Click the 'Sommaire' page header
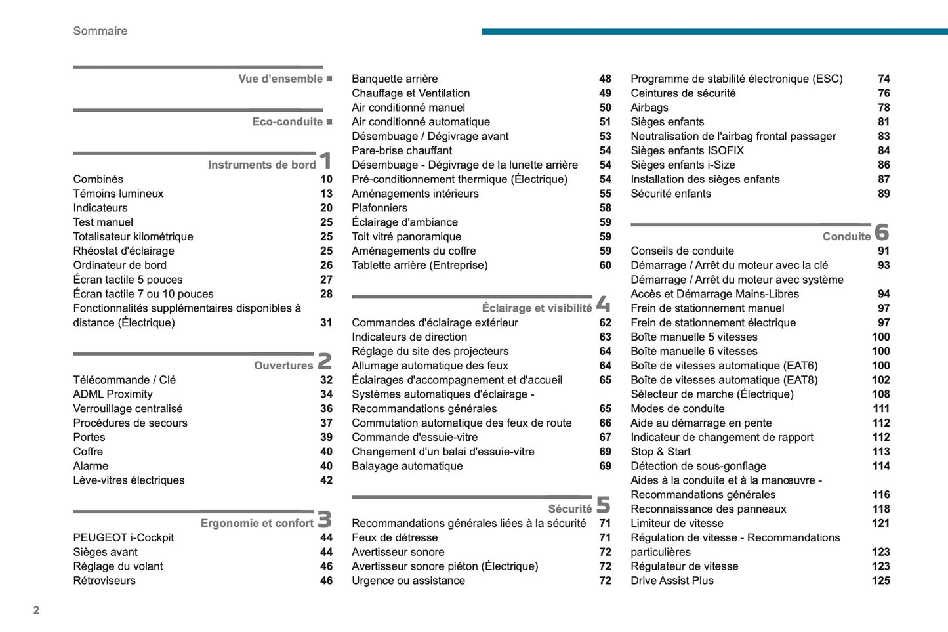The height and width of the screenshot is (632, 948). pyautogui.click(x=100, y=31)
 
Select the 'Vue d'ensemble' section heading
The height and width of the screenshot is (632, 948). pyautogui.click(x=280, y=79)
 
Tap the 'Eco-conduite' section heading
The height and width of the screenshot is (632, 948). pyautogui.click(x=287, y=122)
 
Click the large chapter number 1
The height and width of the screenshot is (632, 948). pyautogui.click(x=325, y=161)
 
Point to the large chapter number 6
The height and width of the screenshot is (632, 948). pyautogui.click(x=882, y=232)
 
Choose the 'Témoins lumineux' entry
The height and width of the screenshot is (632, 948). pyautogui.click(x=118, y=194)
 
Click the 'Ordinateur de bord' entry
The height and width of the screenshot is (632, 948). pyautogui.click(x=119, y=265)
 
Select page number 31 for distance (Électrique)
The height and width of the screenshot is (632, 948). pyautogui.click(x=326, y=323)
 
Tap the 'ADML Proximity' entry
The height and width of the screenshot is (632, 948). pyautogui.click(x=113, y=394)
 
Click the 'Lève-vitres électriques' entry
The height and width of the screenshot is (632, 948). pyautogui.click(x=129, y=480)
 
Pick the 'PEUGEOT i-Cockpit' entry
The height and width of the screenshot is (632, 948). pyautogui.click(x=123, y=537)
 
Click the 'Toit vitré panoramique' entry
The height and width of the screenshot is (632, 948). pyautogui.click(x=406, y=237)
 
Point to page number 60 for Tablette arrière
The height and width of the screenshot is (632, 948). pyautogui.click(x=605, y=266)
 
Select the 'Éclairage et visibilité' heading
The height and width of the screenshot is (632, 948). pyautogui.click(x=536, y=308)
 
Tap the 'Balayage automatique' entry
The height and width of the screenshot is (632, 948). pyautogui.click(x=407, y=466)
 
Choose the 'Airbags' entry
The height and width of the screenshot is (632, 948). pyautogui.click(x=649, y=108)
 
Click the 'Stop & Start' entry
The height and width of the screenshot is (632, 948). pyautogui.click(x=660, y=452)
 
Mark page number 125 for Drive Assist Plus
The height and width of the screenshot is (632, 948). pyautogui.click(x=880, y=581)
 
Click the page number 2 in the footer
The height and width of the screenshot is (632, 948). pyautogui.click(x=36, y=610)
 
